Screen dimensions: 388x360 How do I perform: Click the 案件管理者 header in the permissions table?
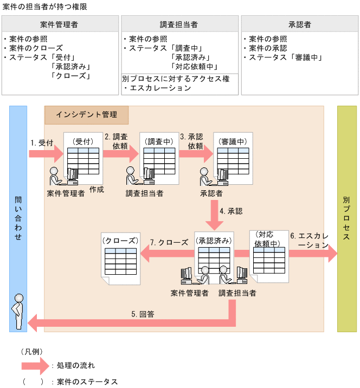click(60, 24)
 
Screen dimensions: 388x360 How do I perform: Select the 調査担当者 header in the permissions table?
click(179, 24)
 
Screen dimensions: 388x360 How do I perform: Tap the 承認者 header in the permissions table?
click(299, 24)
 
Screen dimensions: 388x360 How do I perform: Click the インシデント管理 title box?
click(87, 115)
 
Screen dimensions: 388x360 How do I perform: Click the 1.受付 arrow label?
click(42, 143)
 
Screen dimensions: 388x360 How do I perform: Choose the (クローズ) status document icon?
click(120, 257)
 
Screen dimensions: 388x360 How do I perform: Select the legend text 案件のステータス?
click(87, 381)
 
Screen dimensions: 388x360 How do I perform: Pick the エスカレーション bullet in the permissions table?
click(157, 88)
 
